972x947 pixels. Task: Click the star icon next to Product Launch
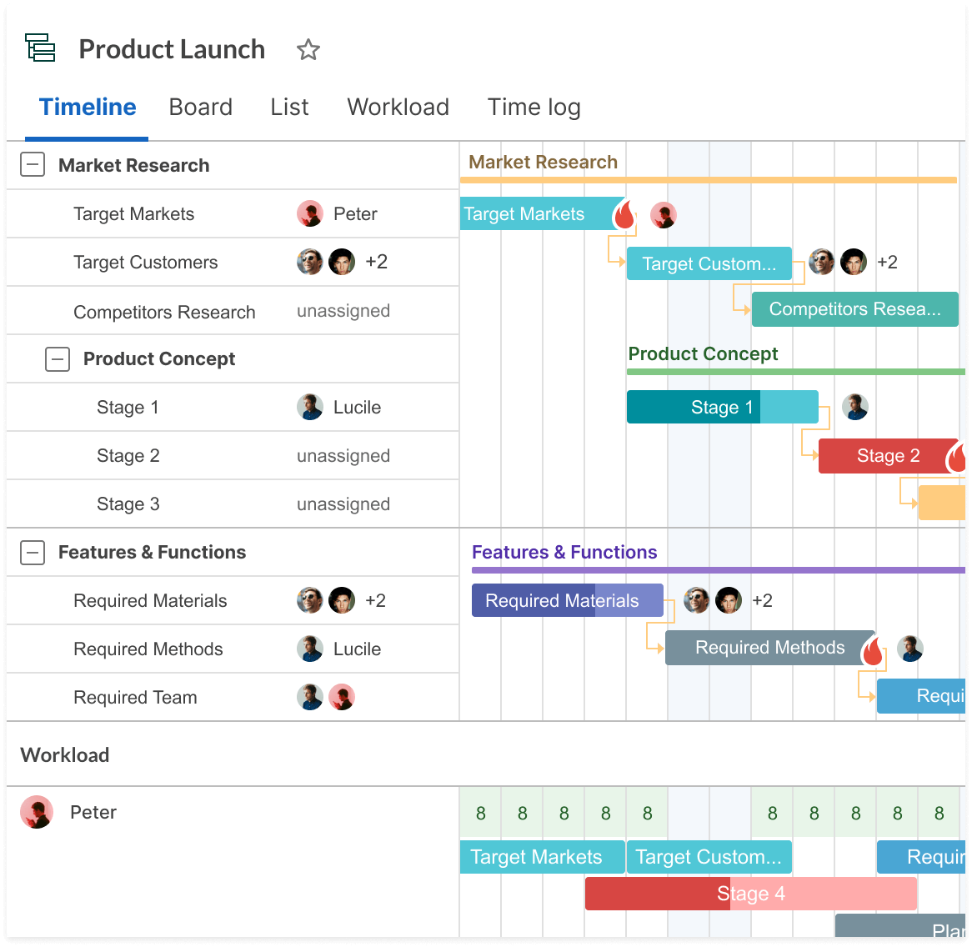[x=308, y=49]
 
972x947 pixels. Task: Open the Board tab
[x=200, y=108]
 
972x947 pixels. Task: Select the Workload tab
[x=398, y=108]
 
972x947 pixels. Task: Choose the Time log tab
[x=534, y=108]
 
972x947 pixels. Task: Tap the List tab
[x=289, y=108]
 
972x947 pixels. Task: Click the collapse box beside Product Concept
[x=57, y=358]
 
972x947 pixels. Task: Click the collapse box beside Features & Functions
[x=33, y=552]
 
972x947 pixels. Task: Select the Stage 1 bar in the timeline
[x=722, y=407]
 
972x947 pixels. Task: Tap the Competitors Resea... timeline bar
[x=854, y=308]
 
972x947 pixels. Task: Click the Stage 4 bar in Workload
[x=751, y=894]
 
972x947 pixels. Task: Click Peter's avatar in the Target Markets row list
[x=310, y=213]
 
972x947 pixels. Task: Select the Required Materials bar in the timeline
[x=567, y=600]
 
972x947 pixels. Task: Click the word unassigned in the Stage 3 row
[x=343, y=504]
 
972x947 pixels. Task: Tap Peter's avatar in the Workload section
[x=37, y=812]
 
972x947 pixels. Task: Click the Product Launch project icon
[x=40, y=48]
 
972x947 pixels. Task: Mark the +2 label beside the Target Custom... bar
[x=887, y=262]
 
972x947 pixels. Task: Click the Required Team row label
[x=135, y=697]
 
